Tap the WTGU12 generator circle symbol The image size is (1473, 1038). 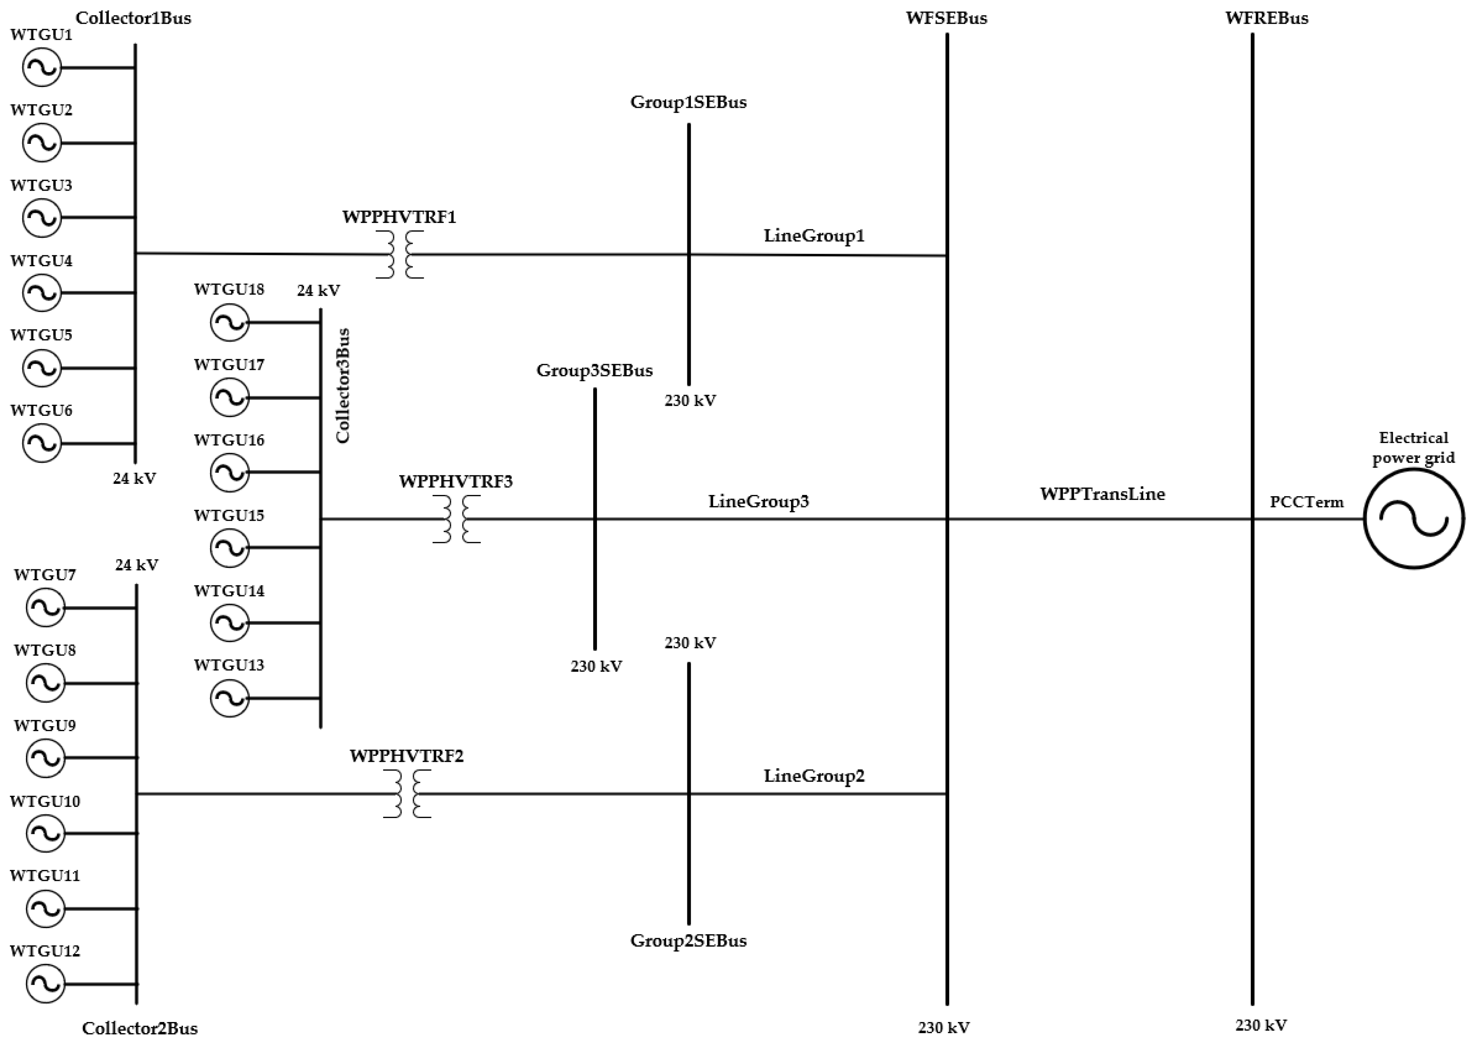(x=46, y=983)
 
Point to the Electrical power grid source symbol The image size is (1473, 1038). (x=1414, y=518)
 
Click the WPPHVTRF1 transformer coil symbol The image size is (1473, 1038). (x=400, y=255)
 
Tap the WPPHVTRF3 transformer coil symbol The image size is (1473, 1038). (x=456, y=519)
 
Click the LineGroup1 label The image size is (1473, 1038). (x=814, y=236)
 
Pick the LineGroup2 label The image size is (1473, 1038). (x=814, y=776)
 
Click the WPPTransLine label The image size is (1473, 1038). (x=1102, y=494)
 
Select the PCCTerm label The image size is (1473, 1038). (x=1306, y=502)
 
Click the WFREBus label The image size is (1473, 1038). (x=1266, y=18)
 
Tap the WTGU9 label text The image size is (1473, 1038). (x=45, y=725)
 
